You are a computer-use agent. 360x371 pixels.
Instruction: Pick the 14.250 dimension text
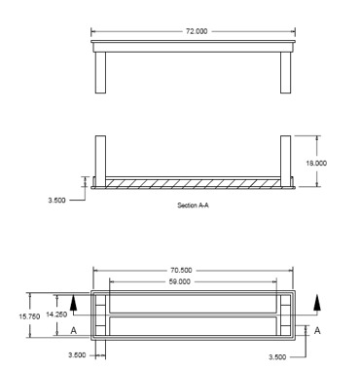click(x=55, y=314)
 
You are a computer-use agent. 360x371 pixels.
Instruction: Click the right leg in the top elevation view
click(x=284, y=70)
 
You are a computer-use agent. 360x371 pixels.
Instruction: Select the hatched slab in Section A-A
click(x=192, y=183)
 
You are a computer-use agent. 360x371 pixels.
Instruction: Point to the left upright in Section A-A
click(x=99, y=159)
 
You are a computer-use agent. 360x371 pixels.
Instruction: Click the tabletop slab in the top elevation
click(x=192, y=46)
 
